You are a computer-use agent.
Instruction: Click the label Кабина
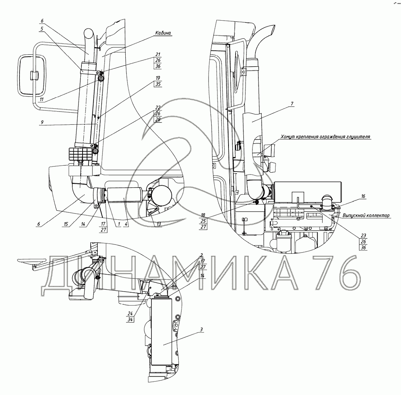(163, 33)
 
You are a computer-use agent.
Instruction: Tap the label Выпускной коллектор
(366, 215)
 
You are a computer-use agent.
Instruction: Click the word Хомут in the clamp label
(287, 137)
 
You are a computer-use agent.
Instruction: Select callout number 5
(42, 29)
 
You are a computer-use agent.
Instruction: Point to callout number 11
(42, 99)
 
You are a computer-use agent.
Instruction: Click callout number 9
(42, 122)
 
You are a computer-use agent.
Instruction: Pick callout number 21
(158, 54)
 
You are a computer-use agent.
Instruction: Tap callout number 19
(158, 78)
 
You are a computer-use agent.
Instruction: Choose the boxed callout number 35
(158, 84)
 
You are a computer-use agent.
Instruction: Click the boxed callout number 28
(158, 119)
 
